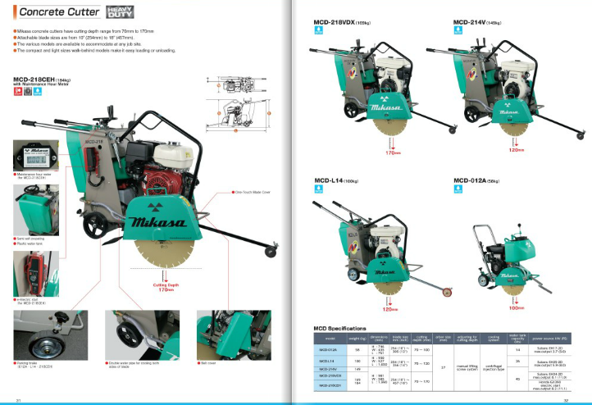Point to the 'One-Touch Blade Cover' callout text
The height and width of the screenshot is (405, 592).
234,193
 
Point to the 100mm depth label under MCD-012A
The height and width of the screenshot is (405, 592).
516,308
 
